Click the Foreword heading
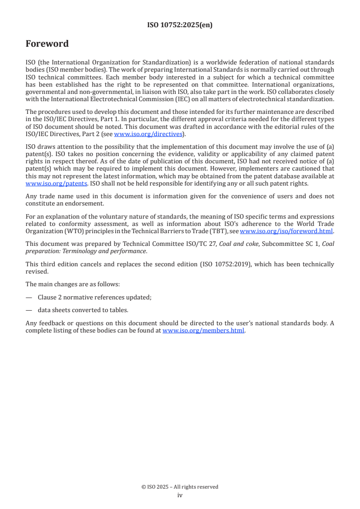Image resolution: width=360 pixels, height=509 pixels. click(47, 44)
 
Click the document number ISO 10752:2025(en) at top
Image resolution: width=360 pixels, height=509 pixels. click(180, 25)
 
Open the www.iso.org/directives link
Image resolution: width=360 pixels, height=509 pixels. click(148, 134)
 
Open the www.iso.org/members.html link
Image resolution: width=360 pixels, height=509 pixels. click(203, 331)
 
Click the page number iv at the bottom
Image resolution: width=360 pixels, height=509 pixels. click(180, 495)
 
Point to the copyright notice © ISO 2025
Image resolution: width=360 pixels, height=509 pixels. click(180, 487)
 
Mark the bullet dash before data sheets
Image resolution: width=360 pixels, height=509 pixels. click(29, 310)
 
